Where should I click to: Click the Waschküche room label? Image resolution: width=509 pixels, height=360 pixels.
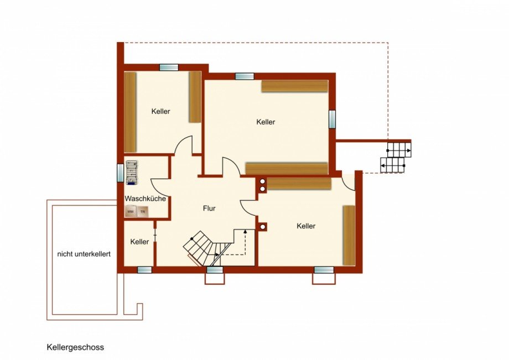(146, 198)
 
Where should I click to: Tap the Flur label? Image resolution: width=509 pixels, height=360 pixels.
(209, 208)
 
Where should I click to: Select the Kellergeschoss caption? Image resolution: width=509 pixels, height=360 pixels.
(75, 347)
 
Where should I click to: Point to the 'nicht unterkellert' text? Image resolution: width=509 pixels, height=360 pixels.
(84, 254)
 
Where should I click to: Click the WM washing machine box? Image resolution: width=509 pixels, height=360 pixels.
(131, 211)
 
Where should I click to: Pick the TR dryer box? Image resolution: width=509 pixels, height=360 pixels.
(143, 211)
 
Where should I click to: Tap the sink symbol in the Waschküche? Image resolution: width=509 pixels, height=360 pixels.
(131, 171)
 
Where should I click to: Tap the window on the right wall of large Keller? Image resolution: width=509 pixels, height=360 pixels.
(332, 119)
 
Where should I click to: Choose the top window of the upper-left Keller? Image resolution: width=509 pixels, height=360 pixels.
(169, 67)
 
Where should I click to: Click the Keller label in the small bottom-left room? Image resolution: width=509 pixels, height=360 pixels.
(139, 242)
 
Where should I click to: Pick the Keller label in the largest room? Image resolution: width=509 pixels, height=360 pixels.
(266, 122)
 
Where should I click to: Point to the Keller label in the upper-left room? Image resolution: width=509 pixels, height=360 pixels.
(160, 111)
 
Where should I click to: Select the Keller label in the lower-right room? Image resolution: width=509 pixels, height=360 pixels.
(305, 226)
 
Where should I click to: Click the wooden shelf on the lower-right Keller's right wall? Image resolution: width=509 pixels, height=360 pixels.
(349, 235)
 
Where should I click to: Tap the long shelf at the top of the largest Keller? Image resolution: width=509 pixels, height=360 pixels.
(294, 86)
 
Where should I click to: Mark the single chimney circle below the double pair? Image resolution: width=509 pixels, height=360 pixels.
(262, 226)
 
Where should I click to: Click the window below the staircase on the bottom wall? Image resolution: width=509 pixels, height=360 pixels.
(215, 270)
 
